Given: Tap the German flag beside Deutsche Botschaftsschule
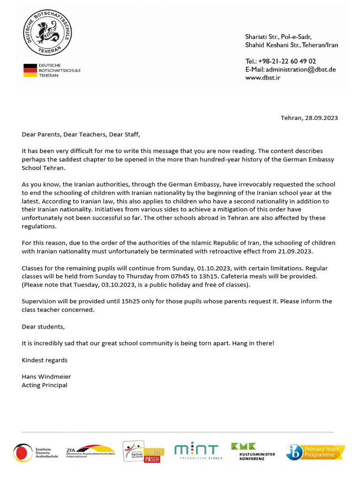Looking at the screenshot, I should [x=30, y=70].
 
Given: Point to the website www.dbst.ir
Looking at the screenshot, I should [x=262, y=77].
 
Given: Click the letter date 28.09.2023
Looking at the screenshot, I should [x=322, y=118].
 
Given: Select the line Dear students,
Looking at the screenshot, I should [x=43, y=326].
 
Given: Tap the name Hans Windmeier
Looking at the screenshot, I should [x=46, y=376].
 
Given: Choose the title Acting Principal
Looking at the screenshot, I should [x=45, y=385].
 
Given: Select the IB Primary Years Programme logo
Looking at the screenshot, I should [x=315, y=452].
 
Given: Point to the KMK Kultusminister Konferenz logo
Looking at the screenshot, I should [x=253, y=451].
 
